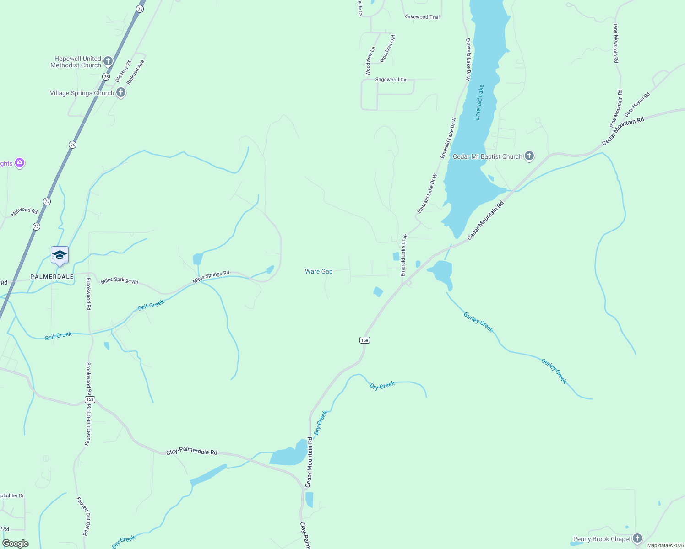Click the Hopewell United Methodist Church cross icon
pos(108,61)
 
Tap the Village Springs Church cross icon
pos(121,92)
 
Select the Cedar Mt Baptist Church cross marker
pos(529,156)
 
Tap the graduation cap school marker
pos(60,255)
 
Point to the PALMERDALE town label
pos(52,277)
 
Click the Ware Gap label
pos(319,271)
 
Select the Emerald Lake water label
pos(479,102)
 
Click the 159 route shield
pos(364,340)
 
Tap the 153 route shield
pos(90,399)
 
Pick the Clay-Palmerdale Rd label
pos(191,452)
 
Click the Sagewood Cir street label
pos(391,80)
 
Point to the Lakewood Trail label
pos(423,17)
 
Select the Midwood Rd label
pos(24,211)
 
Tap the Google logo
pos(15,544)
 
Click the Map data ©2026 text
pos(665,545)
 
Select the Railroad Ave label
pos(136,72)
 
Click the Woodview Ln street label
pos(370,61)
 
